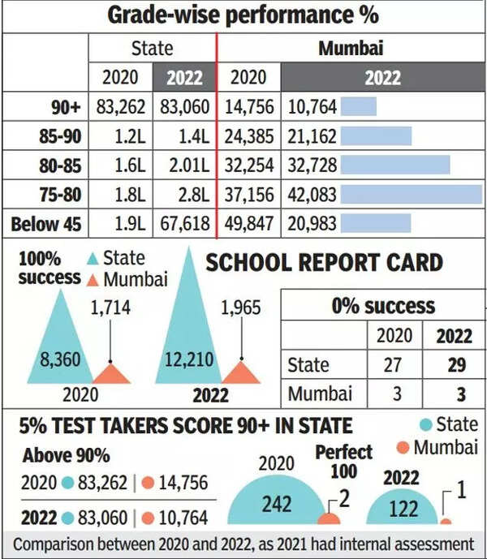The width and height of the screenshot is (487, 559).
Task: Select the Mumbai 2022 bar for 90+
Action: [359, 106]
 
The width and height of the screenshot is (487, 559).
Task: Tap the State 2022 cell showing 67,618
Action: [185, 223]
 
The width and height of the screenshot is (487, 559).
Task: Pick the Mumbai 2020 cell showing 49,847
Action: [248, 223]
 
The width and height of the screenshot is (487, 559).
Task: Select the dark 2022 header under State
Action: [185, 77]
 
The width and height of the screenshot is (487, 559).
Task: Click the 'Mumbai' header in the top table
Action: [351, 47]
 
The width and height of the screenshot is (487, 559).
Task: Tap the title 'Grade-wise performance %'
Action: [243, 15]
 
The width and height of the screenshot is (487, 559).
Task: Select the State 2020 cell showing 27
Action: [392, 365]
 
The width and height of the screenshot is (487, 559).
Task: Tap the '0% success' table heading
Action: [382, 306]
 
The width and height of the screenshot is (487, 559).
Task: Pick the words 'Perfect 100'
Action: [343, 461]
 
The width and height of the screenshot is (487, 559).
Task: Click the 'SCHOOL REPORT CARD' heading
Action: [324, 262]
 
